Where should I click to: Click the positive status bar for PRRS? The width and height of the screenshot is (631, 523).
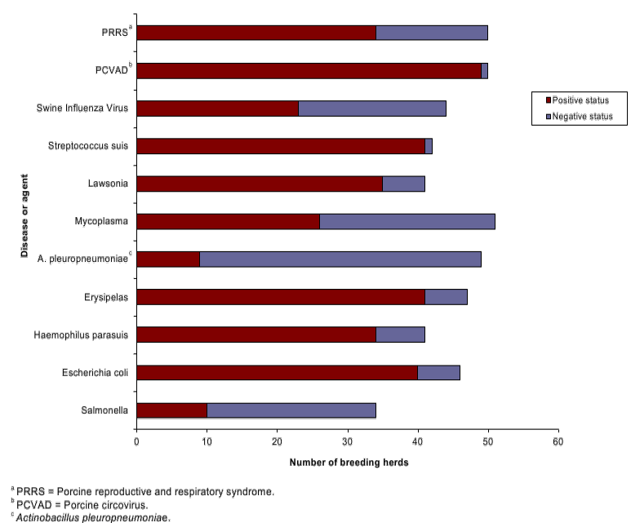(256, 33)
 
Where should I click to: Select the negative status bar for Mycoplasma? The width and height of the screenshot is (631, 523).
(407, 221)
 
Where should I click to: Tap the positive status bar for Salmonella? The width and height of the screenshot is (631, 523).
(171, 410)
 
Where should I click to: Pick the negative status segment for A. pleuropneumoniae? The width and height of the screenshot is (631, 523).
(340, 259)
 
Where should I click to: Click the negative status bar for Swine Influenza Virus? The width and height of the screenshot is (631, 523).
(371, 109)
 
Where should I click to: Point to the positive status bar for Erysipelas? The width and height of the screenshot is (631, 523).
(280, 297)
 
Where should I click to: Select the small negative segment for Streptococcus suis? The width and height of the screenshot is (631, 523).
(429, 146)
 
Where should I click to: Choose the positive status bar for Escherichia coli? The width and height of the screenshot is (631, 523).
(277, 372)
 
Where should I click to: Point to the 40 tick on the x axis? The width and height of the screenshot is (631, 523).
(418, 441)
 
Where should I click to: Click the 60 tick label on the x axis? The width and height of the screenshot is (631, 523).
(558, 441)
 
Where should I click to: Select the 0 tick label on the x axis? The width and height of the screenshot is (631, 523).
(136, 441)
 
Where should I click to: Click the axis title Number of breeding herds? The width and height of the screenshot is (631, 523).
(349, 463)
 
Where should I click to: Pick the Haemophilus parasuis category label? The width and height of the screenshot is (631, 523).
(92, 335)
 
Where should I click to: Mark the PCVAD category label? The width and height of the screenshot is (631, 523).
(111, 71)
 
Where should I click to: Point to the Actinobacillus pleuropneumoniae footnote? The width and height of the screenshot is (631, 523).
(90, 517)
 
